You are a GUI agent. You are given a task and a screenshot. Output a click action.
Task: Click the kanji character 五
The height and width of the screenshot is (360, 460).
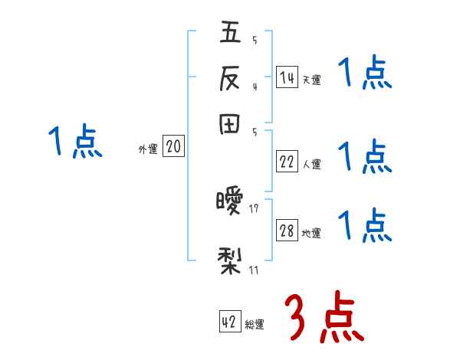click(230, 34)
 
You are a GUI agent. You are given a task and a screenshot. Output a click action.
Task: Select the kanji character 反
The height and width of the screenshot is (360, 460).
click(230, 79)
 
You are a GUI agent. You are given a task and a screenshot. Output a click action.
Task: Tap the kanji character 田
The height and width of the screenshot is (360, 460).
click(230, 124)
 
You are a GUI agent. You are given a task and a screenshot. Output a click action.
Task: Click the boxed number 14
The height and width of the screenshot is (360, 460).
click(287, 77)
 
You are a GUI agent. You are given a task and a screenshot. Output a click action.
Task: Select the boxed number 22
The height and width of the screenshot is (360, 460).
click(287, 162)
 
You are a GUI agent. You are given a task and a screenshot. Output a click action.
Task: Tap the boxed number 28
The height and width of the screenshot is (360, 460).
click(287, 231)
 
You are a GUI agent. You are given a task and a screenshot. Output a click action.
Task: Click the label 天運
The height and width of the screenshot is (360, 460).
click(311, 80)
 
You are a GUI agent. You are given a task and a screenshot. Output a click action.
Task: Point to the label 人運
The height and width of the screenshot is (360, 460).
click(311, 164)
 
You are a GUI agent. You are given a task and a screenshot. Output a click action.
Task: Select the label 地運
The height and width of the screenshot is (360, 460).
click(311, 234)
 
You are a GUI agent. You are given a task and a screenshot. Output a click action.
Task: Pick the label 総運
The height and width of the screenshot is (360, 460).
click(255, 325)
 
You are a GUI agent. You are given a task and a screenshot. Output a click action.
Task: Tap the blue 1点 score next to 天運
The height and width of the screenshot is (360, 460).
click(365, 74)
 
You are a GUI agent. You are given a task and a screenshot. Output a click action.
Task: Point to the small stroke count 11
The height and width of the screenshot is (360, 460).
click(254, 270)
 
